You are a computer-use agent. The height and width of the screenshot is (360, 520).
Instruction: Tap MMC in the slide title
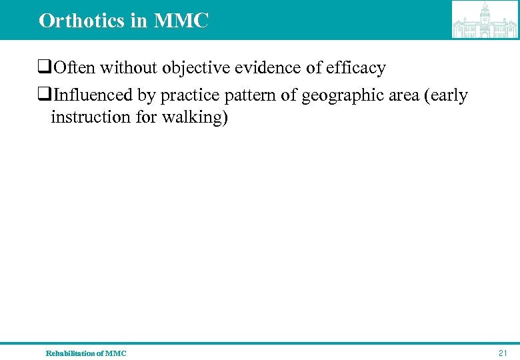coord(181,21)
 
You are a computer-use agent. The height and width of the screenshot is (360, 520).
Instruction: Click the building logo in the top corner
coord(485,19)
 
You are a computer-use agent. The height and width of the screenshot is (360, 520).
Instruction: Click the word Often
coord(75,68)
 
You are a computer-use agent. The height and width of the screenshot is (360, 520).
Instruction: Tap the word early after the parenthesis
coord(449,96)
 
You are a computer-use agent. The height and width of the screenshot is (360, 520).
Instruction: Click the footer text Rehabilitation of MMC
coord(85,353)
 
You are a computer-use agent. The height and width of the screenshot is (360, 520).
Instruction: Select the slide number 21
coord(503,353)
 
